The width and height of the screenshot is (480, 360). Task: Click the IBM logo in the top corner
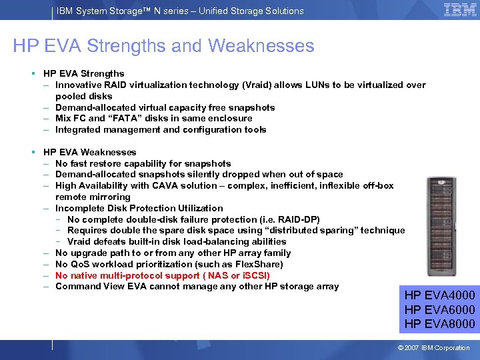(459, 10)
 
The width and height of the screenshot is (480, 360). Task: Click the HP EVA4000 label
(439, 295)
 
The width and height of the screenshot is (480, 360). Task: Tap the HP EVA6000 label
(439, 309)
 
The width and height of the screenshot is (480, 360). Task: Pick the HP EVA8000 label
(439, 324)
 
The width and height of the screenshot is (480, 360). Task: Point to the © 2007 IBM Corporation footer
(433, 348)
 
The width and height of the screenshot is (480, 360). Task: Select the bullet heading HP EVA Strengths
(83, 74)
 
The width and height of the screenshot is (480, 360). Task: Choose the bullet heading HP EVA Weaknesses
(89, 153)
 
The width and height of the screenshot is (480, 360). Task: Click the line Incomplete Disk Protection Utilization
(139, 208)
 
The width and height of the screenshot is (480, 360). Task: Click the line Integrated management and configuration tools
(161, 130)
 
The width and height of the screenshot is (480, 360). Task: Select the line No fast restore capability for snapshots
(143, 163)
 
